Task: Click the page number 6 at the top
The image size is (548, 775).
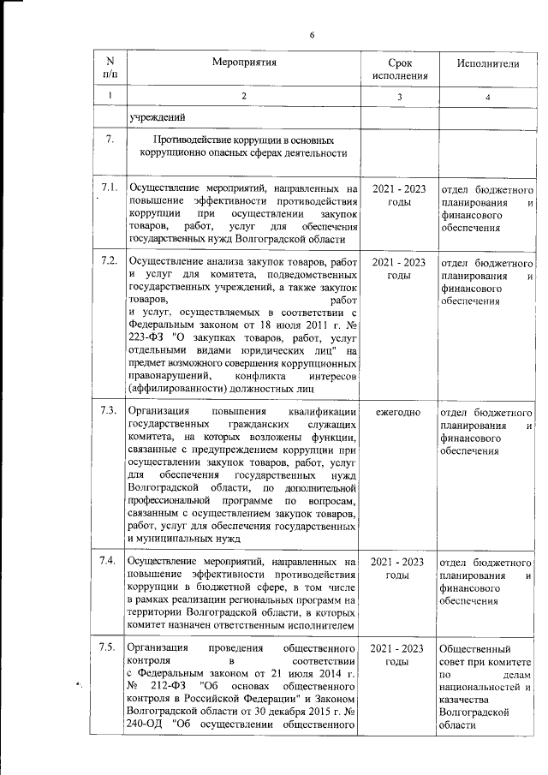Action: point(312,34)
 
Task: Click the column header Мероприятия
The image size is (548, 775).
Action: point(243,63)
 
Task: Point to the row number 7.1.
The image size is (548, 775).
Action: point(109,188)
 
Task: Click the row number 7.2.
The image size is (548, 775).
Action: point(109,260)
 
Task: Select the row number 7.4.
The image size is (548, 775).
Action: point(109,561)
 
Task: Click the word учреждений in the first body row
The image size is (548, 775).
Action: point(158,116)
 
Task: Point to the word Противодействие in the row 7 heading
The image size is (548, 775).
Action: point(194,140)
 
